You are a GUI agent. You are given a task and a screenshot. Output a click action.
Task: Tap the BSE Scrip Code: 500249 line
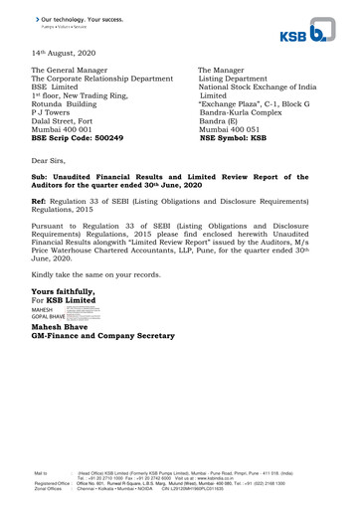tap(78, 138)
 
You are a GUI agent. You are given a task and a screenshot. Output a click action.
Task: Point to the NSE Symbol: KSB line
tap(234, 138)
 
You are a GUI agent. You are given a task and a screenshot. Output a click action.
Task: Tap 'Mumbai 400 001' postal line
tap(62, 129)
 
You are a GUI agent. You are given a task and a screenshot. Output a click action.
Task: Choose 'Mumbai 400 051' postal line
tap(231, 129)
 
